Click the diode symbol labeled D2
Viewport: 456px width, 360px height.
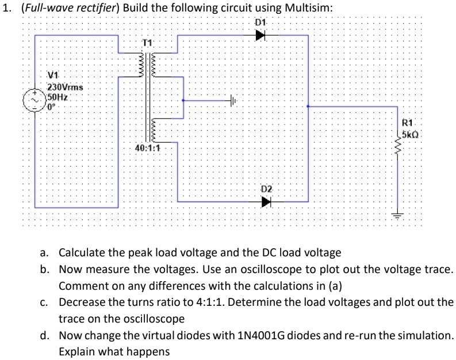coord(265,202)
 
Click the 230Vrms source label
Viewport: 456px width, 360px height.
coord(64,87)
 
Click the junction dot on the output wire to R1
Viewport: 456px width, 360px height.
coord(309,107)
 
